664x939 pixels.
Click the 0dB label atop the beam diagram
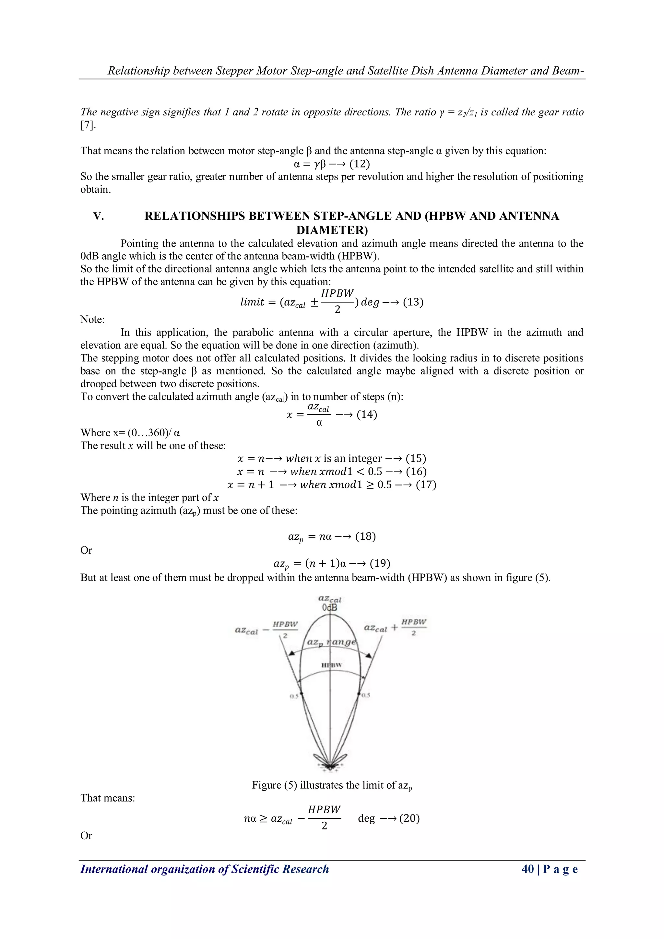point(329,608)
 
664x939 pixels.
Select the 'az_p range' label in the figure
point(332,642)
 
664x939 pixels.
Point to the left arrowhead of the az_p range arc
point(291,653)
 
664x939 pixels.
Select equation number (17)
point(426,485)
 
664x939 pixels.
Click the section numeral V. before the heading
point(99,216)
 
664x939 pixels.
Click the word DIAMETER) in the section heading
point(332,229)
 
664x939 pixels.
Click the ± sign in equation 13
point(314,303)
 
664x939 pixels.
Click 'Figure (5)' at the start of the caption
point(274,785)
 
